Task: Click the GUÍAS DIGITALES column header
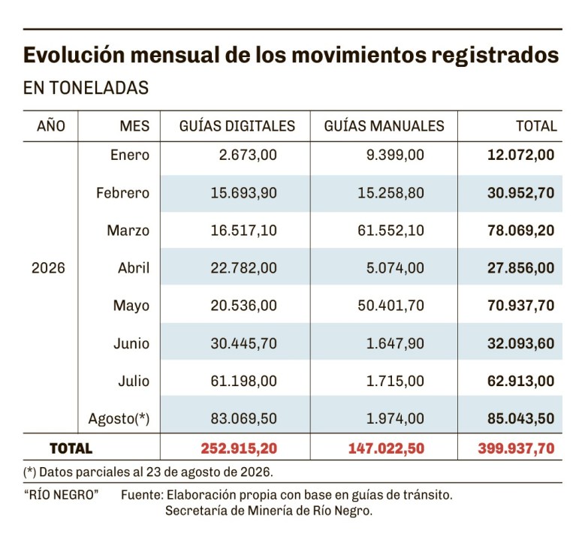[x=237, y=126]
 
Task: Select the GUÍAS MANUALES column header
[x=384, y=126]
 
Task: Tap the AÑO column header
[x=51, y=125]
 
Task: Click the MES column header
[x=134, y=126]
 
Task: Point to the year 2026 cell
[x=48, y=268]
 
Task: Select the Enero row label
[x=130, y=155]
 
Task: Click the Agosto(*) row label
[x=119, y=418]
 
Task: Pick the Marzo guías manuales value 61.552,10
[x=390, y=231]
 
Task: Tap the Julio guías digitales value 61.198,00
[x=244, y=381]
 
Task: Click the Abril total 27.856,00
[x=521, y=268]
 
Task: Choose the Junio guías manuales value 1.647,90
[x=395, y=343]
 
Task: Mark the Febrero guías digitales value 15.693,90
[x=244, y=193]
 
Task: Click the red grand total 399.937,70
[x=517, y=448]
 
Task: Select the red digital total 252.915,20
[x=240, y=448]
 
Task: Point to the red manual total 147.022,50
[x=386, y=448]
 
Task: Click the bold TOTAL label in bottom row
[x=71, y=448]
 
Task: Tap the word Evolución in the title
[x=74, y=55]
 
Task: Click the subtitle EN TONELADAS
[x=86, y=88]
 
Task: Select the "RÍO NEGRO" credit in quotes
[x=61, y=495]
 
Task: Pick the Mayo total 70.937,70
[x=521, y=306]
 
